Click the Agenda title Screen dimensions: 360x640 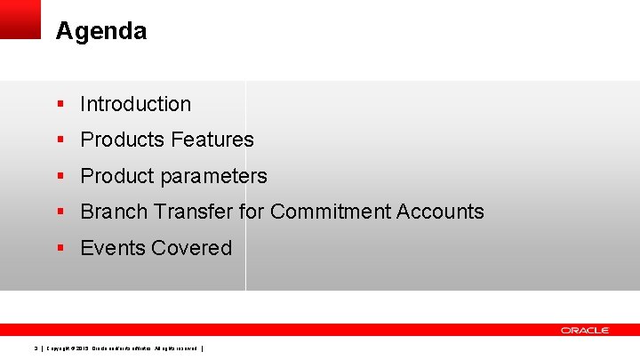click(x=100, y=32)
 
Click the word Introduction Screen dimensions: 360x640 click(x=135, y=104)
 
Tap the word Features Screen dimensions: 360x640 click(x=212, y=140)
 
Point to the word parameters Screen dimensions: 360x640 click(x=213, y=176)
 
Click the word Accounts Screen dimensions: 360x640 click(x=443, y=212)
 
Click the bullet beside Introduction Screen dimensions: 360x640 click(x=60, y=104)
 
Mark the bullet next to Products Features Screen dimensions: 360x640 click(x=60, y=140)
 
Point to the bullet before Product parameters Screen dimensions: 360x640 click(x=60, y=176)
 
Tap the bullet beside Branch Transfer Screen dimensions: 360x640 click(x=60, y=212)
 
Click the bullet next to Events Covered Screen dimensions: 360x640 click(x=60, y=248)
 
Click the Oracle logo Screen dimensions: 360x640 click(x=584, y=330)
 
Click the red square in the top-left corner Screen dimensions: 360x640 click(x=20, y=19)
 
